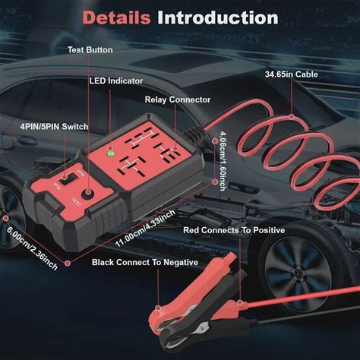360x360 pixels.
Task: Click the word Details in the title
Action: click(x=116, y=17)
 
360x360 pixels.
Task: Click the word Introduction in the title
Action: click(x=218, y=17)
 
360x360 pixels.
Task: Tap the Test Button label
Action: click(x=90, y=49)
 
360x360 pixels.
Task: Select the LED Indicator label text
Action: click(x=116, y=81)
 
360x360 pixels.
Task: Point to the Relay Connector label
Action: click(x=178, y=99)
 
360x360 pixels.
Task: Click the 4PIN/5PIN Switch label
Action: click(x=54, y=126)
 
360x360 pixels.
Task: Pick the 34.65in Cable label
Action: click(x=292, y=74)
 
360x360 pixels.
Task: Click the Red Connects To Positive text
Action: click(x=234, y=230)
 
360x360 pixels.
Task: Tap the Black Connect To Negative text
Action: click(x=145, y=262)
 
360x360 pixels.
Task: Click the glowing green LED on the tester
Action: click(x=111, y=153)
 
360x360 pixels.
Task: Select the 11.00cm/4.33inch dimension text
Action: click(x=145, y=229)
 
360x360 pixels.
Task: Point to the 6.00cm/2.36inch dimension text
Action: click(x=32, y=248)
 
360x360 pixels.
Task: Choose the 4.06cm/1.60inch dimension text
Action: click(x=223, y=161)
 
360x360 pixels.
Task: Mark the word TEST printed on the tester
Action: click(x=76, y=202)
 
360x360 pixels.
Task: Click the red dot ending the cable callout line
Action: click(x=292, y=117)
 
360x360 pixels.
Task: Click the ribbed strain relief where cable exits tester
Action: click(x=194, y=134)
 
